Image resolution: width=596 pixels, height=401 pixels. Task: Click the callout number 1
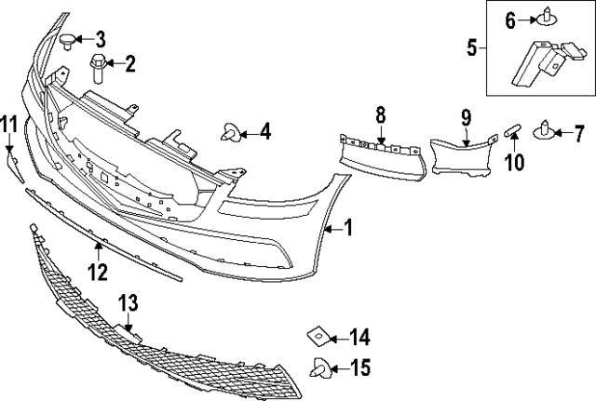(348, 227)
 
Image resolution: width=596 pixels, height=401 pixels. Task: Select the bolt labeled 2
(97, 69)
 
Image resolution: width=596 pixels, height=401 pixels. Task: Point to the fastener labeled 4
(230, 134)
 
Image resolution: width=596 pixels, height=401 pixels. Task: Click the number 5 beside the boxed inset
(472, 46)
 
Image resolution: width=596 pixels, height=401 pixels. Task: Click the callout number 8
(380, 116)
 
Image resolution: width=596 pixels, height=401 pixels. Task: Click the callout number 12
(98, 272)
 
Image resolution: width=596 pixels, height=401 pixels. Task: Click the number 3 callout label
(101, 39)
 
